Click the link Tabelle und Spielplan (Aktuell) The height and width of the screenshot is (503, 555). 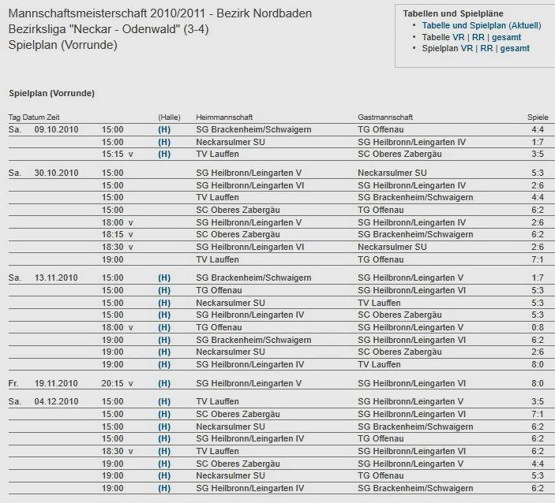[x=482, y=25]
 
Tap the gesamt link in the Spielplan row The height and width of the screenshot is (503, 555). [x=514, y=48]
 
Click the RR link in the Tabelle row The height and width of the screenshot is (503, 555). [x=478, y=37]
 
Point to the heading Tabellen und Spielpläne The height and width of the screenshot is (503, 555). [x=453, y=14]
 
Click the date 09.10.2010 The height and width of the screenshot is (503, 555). [x=56, y=129]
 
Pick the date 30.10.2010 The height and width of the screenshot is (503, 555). [x=56, y=173]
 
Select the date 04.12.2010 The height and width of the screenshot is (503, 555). [x=56, y=401]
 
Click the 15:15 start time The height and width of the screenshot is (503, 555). [x=113, y=154]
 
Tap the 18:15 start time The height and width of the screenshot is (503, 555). [x=113, y=234]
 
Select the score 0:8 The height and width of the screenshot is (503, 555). [x=538, y=327]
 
